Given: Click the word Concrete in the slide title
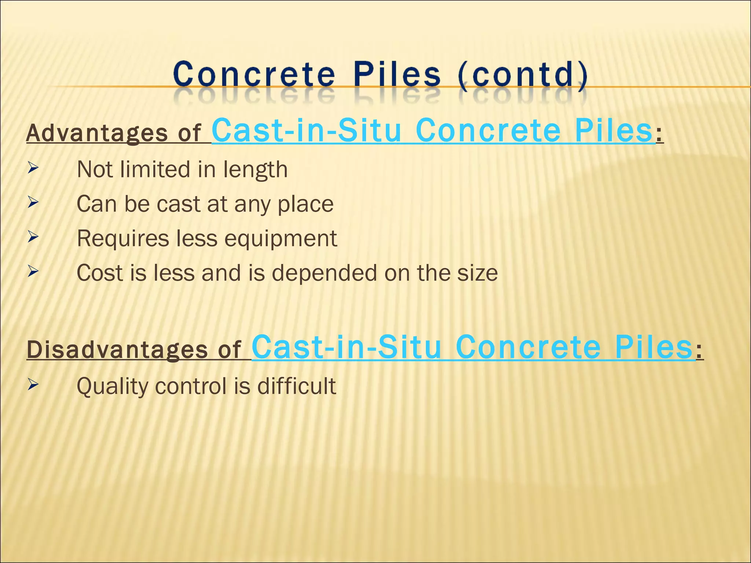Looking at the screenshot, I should (254, 74).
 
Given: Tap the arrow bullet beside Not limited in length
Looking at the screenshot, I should (33, 169).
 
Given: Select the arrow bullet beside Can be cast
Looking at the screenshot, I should (33, 203).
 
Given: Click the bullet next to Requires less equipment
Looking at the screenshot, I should (33, 238).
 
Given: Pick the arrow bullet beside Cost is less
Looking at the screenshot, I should (33, 272).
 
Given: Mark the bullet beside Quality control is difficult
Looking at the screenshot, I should (33, 385).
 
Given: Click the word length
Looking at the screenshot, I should (255, 170).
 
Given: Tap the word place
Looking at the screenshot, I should (305, 204).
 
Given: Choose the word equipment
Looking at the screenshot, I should (281, 239).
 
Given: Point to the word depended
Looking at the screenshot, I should (324, 273).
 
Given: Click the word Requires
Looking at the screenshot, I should (123, 239).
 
